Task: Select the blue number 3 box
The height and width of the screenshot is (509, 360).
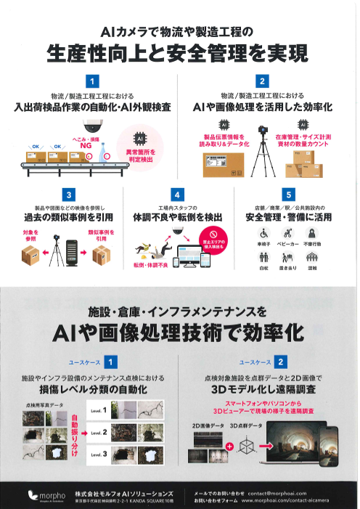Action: [67, 195]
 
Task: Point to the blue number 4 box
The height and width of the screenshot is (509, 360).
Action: [176, 195]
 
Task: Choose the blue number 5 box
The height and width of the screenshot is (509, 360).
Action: [289, 195]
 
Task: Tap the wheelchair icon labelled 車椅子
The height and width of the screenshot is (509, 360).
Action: [265, 233]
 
